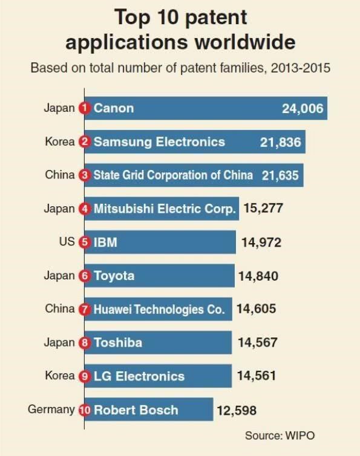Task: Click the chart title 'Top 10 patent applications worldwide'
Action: [x=180, y=30]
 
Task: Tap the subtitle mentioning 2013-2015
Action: [x=180, y=67]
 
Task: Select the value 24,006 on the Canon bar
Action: [x=303, y=109]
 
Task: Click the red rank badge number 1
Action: [x=85, y=109]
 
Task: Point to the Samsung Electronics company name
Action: [x=159, y=142]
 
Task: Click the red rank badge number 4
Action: [x=85, y=209]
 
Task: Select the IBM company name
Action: [x=105, y=243]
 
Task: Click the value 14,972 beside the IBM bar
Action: [x=261, y=243]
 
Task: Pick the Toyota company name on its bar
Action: [x=114, y=276]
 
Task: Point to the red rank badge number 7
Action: [x=85, y=309]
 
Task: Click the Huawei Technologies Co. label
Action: [x=159, y=309]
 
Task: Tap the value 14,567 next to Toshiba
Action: [x=258, y=342]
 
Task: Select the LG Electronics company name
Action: [x=139, y=376]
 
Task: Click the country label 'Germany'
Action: [x=51, y=409]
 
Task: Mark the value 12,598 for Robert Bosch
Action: [x=237, y=411]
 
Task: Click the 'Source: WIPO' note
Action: [x=280, y=435]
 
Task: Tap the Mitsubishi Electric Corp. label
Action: [x=164, y=209]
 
